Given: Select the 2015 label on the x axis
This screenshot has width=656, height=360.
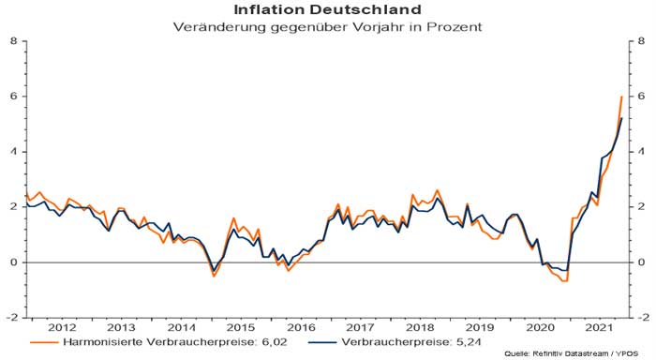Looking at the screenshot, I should pyautogui.click(x=240, y=327).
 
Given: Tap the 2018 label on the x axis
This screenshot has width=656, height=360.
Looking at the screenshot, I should pyautogui.click(x=420, y=327).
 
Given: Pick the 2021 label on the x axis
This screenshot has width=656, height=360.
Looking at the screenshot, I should pyautogui.click(x=597, y=327).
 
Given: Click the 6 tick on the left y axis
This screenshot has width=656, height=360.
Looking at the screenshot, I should pyautogui.click(x=14, y=97).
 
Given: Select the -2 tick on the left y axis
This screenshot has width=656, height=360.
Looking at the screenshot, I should pyautogui.click(x=12, y=318).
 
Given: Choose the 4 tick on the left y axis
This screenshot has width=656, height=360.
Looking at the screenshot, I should pyautogui.click(x=14, y=152).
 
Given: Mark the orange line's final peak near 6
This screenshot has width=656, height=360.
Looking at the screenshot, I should pyautogui.click(x=622, y=97).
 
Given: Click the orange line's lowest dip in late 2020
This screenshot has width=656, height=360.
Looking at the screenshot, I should pyautogui.click(x=566, y=280).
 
